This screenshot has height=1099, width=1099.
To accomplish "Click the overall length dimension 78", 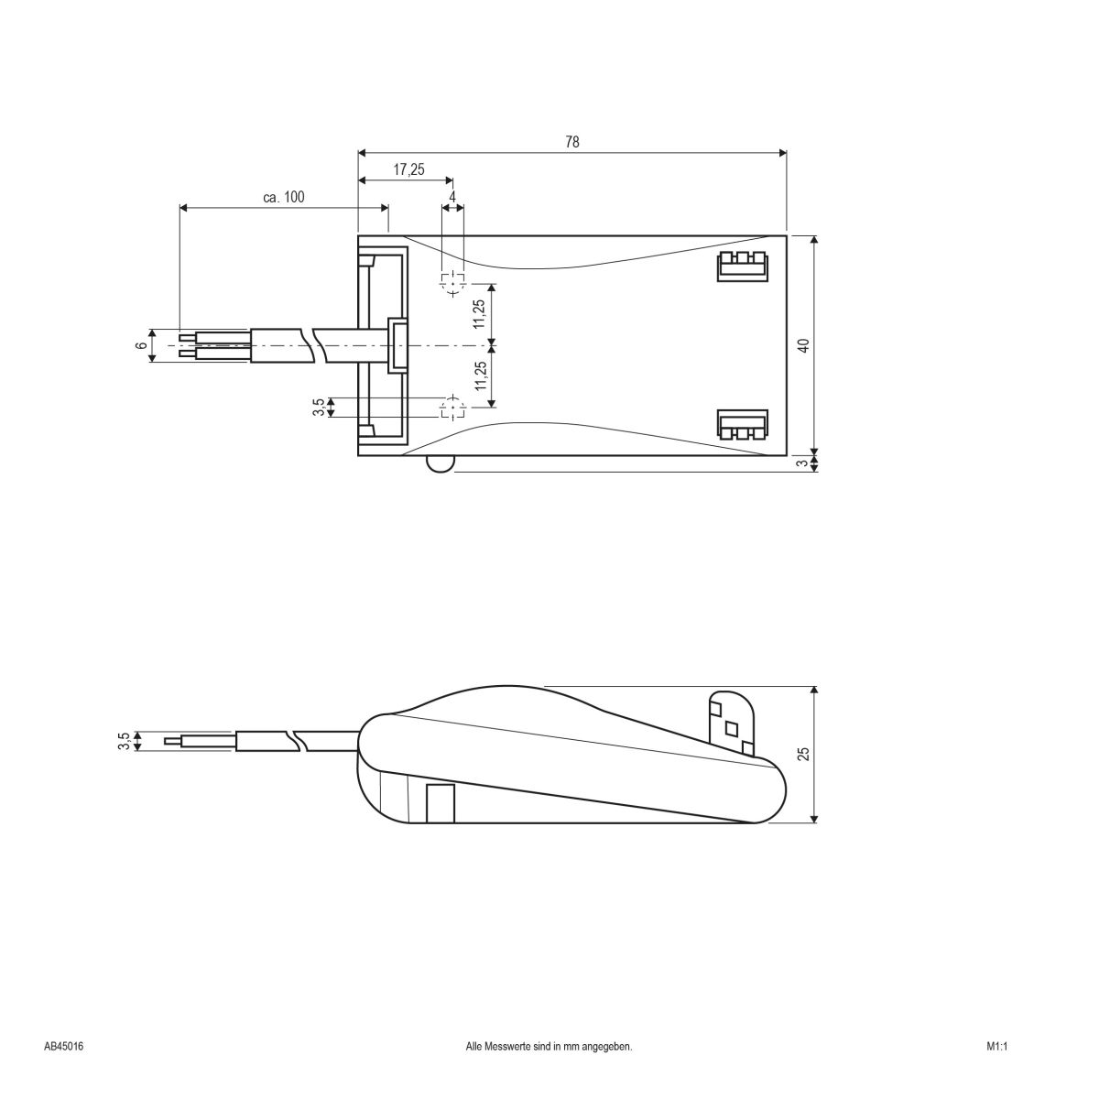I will (572, 142).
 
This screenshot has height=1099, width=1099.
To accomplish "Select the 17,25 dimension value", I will (408, 169).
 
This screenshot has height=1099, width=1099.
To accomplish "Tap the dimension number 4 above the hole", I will (452, 197).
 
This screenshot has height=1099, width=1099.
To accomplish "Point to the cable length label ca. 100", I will (283, 197).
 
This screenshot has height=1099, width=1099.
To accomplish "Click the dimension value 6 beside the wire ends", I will (140, 345).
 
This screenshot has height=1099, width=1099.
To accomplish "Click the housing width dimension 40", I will (803, 345).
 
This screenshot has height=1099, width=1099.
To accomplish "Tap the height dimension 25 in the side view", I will (803, 754).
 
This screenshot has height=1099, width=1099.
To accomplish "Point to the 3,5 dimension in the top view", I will (318, 408).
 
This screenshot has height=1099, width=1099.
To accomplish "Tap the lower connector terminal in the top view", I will (740, 425).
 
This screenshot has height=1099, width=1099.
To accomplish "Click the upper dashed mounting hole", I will (452, 284).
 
